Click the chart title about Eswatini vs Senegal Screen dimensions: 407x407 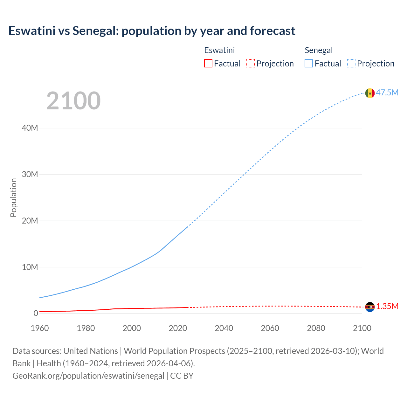click(152, 31)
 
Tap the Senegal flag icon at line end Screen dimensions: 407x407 click(370, 93)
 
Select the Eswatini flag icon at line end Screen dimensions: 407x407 click(370, 307)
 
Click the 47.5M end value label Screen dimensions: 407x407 click(387, 93)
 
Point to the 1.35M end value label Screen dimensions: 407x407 click(387, 307)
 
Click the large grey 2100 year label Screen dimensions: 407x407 click(73, 101)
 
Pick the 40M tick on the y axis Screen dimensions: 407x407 click(30, 128)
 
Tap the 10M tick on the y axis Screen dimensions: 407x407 click(30, 267)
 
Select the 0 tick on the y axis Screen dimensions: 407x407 click(36, 314)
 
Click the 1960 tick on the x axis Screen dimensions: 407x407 click(40, 328)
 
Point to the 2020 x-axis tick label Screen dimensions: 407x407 click(178, 328)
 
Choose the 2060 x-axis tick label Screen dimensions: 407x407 click(270, 328)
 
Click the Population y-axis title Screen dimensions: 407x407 click(13, 197)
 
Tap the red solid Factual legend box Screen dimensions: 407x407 click(208, 64)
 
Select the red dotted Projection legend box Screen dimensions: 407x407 click(251, 64)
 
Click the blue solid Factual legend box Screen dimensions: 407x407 click(308, 64)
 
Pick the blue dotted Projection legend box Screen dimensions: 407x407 click(351, 64)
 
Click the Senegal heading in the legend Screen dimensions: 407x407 click(319, 50)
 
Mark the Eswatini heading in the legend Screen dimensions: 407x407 click(219, 50)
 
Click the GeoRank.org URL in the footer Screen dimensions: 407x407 click(88, 376)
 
